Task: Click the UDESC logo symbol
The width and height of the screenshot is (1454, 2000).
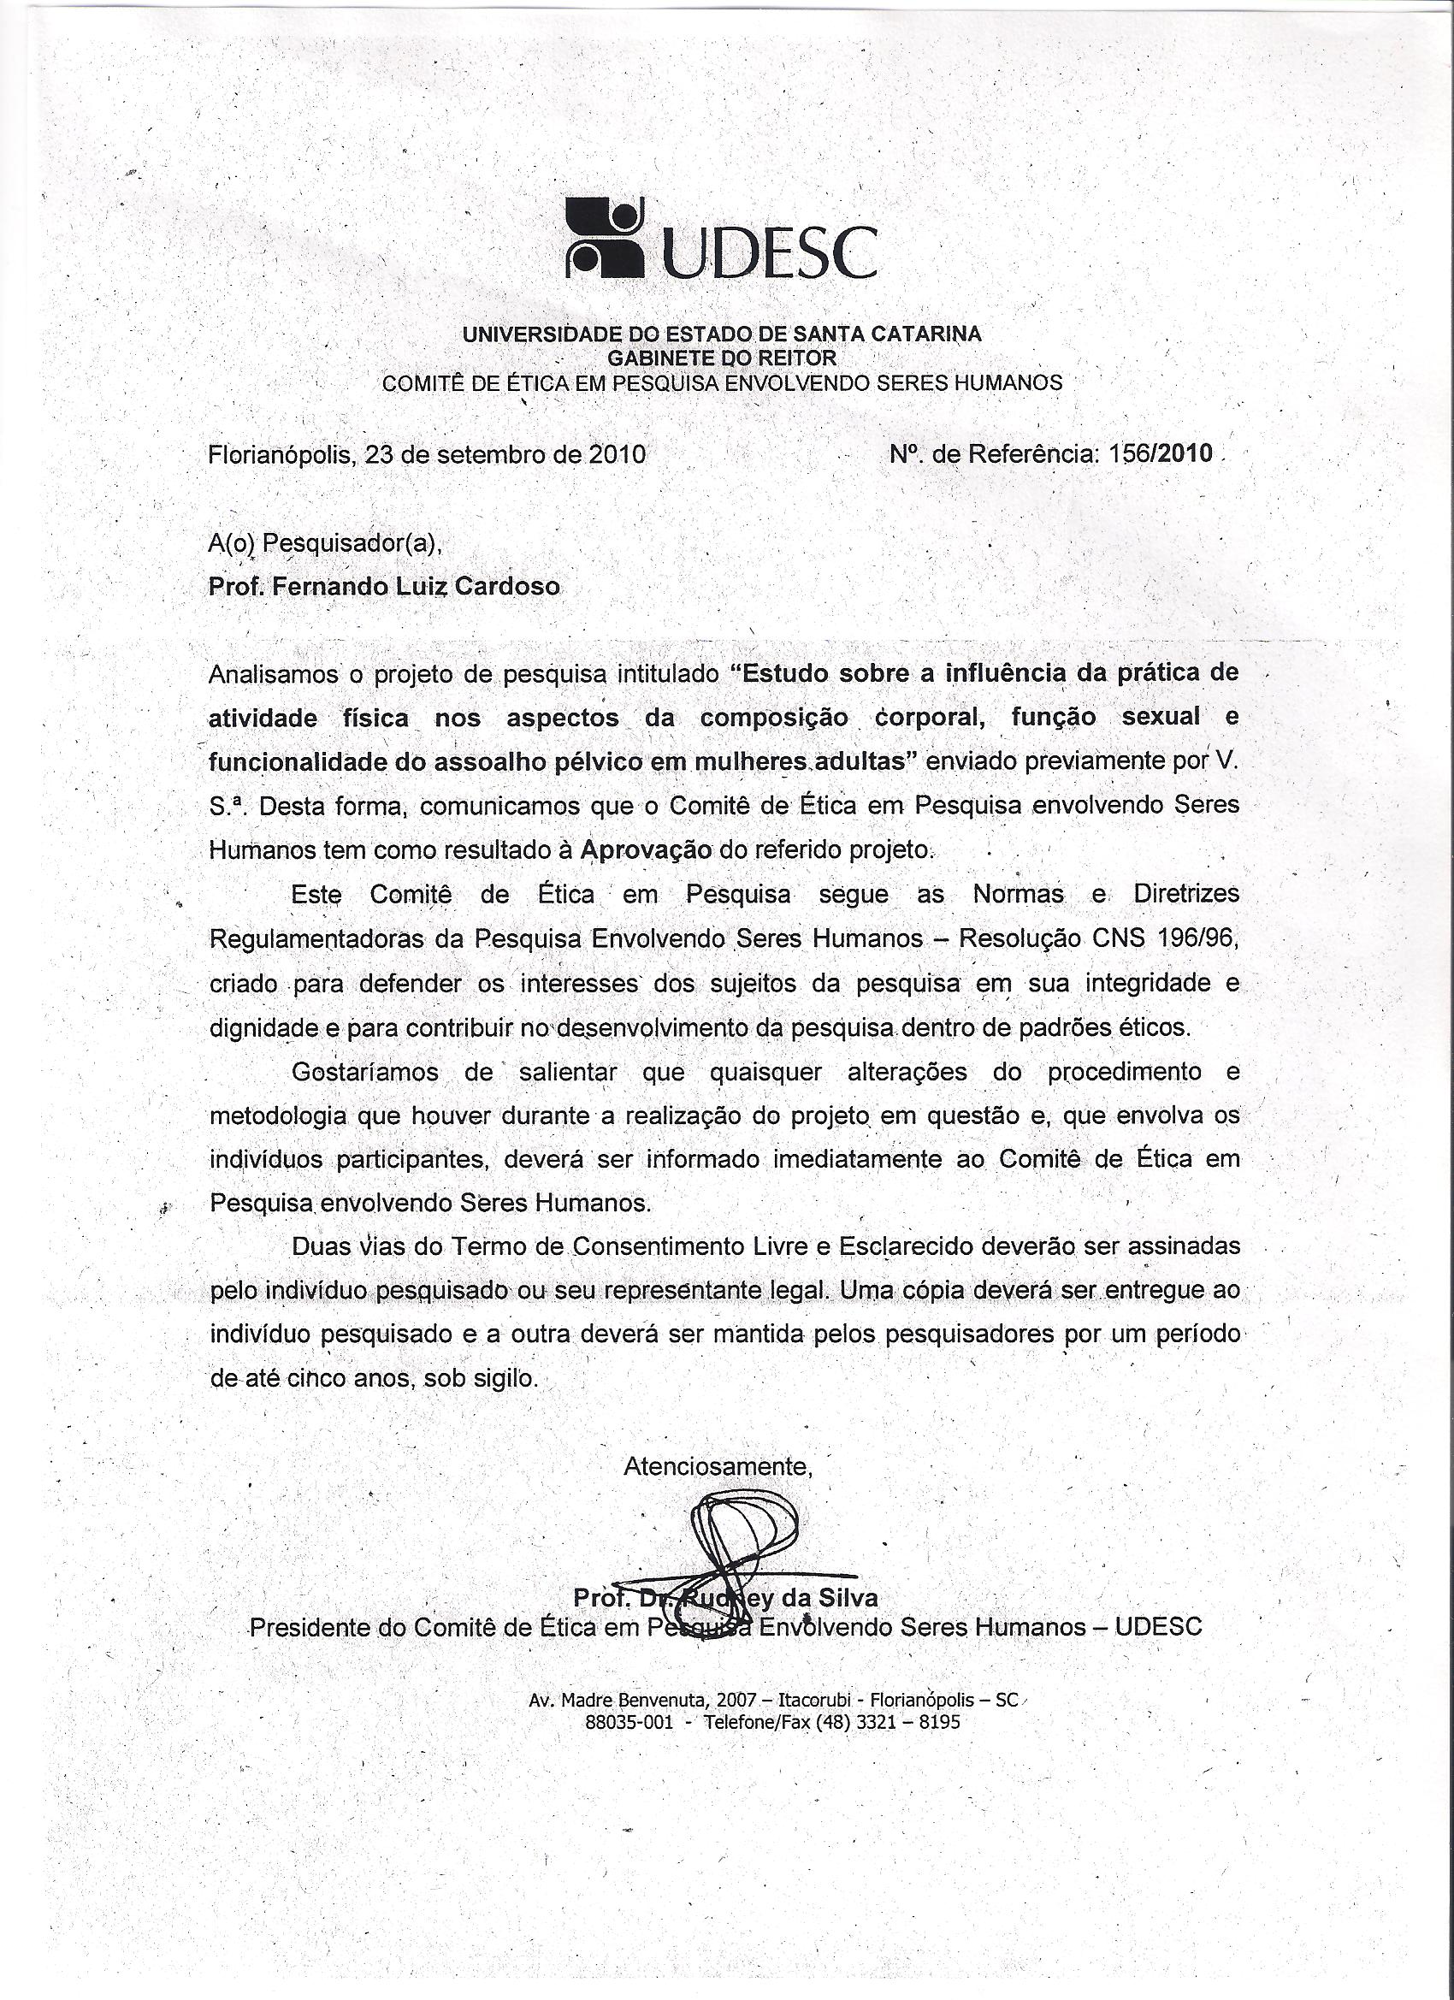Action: coord(604,235)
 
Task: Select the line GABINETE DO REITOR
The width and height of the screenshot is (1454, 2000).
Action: coord(721,358)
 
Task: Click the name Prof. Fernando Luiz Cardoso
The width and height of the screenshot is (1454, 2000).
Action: coord(383,587)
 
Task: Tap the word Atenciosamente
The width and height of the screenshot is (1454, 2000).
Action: coord(717,1466)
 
